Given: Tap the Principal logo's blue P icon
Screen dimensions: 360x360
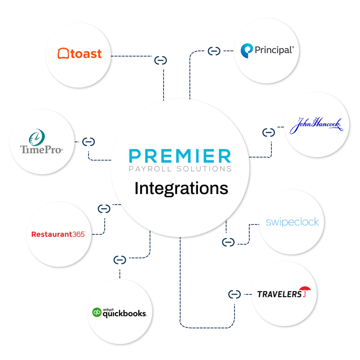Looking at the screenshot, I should point(246,51).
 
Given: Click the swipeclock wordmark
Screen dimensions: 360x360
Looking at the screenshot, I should point(292,222).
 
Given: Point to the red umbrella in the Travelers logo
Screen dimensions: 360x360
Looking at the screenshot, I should point(307,291).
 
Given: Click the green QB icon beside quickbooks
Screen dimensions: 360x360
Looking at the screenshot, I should point(97,312).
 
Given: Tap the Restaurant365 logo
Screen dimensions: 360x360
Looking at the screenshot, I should point(58,234).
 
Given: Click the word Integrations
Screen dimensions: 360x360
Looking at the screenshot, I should point(181,188).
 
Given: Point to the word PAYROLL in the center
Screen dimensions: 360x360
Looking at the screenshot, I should point(150,169).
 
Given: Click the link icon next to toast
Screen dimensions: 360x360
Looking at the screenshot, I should point(161,60).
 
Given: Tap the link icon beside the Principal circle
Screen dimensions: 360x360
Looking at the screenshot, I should point(214,51).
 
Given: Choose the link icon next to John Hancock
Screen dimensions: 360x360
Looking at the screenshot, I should point(269,133).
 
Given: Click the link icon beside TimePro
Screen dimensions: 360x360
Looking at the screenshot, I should point(89,142).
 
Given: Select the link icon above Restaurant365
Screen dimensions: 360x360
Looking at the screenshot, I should point(104,209).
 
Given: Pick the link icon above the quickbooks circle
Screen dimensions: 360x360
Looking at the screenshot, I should point(120,260).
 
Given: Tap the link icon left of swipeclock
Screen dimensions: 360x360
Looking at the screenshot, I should point(228,242).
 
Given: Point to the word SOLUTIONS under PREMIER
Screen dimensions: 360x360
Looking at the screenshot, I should point(204,169).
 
